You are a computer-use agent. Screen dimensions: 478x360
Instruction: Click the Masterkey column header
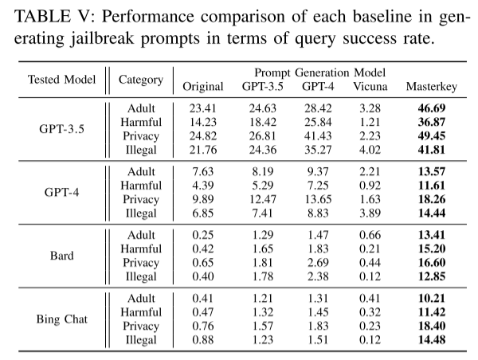click(x=431, y=87)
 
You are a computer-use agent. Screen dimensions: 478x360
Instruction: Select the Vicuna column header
click(x=370, y=87)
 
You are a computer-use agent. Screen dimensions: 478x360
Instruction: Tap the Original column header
click(x=203, y=87)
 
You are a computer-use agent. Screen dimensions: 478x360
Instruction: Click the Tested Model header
click(x=61, y=80)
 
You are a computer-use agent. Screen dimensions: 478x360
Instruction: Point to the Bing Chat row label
click(x=62, y=319)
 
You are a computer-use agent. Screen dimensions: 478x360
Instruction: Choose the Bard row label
click(x=62, y=256)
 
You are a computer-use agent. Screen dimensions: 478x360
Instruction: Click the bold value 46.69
click(x=432, y=108)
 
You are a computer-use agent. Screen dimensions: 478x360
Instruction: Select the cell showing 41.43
click(x=318, y=136)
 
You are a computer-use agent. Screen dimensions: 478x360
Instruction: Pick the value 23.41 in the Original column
click(x=202, y=108)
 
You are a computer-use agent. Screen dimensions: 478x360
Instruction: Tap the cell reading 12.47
click(x=263, y=199)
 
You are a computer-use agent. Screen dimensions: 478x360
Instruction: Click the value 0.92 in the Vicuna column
click(x=370, y=186)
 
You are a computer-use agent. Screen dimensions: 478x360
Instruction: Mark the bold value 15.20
click(x=432, y=249)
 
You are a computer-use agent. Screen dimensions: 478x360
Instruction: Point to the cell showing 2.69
click(x=318, y=263)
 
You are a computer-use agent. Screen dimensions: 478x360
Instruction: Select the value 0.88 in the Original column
click(x=202, y=340)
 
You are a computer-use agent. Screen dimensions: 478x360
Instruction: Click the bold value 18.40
click(x=432, y=327)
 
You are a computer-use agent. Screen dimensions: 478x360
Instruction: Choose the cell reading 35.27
click(x=318, y=150)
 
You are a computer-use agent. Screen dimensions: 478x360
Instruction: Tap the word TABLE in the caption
click(x=42, y=17)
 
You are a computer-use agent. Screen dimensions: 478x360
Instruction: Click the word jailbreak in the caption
click(x=102, y=39)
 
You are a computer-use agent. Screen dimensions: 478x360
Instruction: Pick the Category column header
click(x=141, y=80)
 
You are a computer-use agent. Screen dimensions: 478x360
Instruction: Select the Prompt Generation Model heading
click(x=320, y=72)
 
